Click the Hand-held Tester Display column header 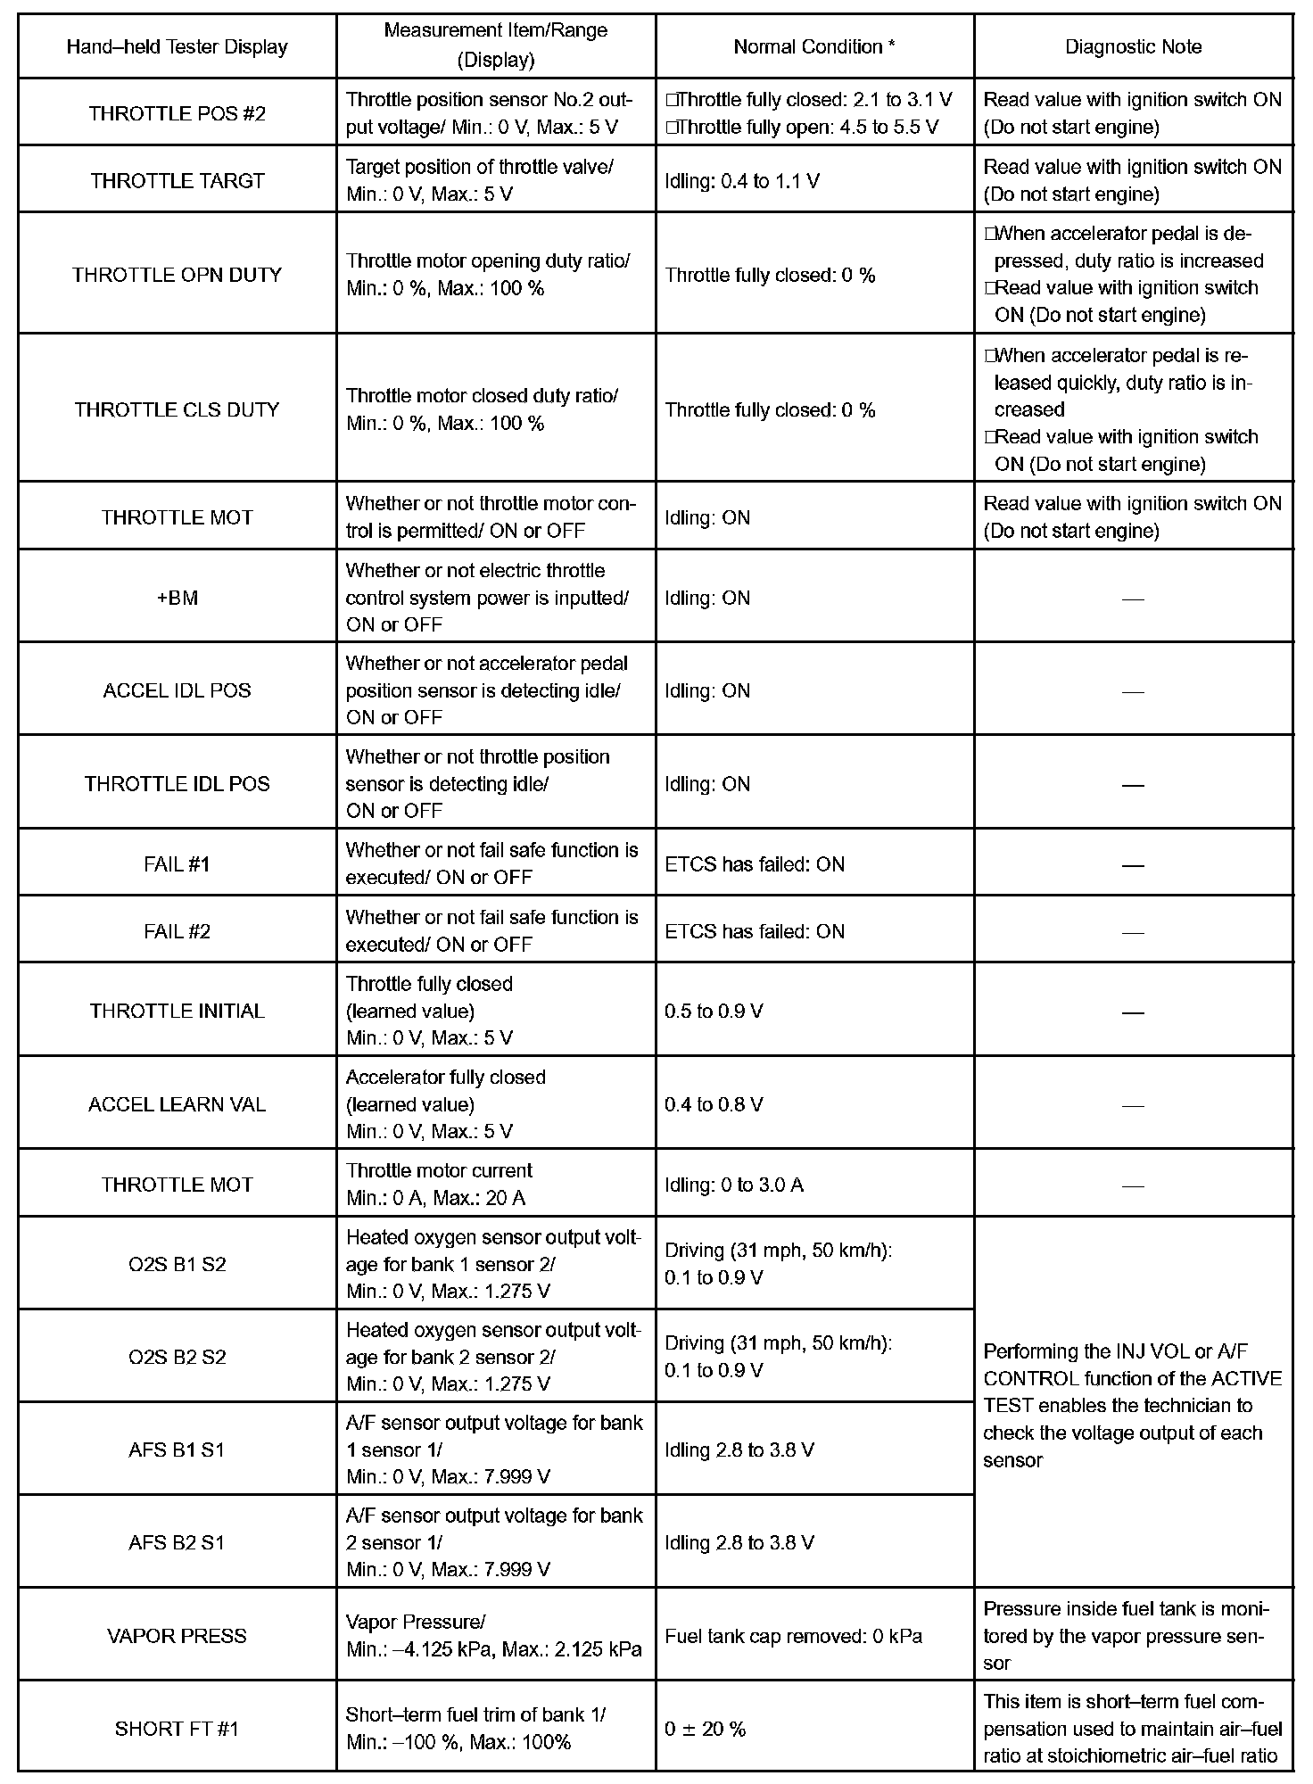177,47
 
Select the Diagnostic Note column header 1133,47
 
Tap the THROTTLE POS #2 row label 177,113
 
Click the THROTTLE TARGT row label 177,181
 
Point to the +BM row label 177,598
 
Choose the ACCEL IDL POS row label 177,690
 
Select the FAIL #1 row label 177,864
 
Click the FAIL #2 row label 177,931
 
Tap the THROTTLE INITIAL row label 177,1012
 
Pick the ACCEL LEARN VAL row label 177,1104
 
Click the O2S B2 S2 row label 177,1358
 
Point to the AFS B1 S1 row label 177,1450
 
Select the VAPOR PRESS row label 177,1636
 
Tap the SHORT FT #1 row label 177,1729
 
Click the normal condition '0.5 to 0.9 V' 714,1012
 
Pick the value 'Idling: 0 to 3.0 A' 734,1185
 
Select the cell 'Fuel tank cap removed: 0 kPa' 794,1636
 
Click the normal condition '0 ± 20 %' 705,1729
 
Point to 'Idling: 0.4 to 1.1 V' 742,181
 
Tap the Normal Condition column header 814,47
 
